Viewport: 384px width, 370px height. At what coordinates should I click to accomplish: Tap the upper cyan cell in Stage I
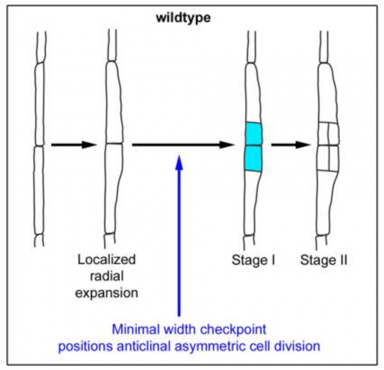[x=253, y=134]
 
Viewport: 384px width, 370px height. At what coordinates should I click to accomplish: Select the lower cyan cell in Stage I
[x=253, y=158]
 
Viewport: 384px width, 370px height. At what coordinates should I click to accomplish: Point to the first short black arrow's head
[x=89, y=145]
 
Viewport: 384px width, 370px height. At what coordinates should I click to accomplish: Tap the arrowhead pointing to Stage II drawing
[x=303, y=145]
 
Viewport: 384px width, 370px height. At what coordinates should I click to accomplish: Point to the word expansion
[x=107, y=292]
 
